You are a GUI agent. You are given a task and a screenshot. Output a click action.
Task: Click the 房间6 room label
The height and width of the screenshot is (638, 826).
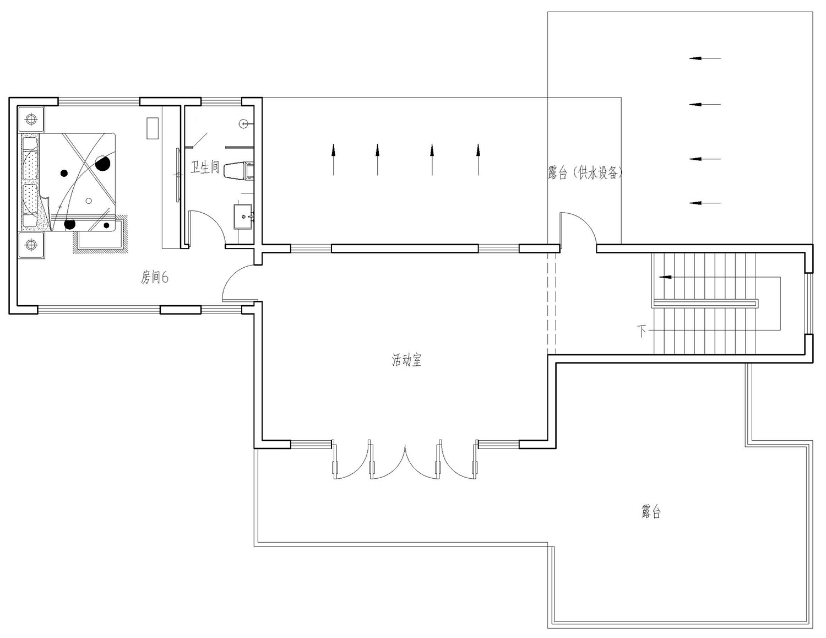tap(155, 278)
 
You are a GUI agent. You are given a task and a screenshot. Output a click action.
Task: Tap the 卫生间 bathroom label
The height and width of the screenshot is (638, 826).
tap(205, 167)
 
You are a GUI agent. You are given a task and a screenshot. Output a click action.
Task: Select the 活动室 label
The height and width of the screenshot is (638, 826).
tap(407, 360)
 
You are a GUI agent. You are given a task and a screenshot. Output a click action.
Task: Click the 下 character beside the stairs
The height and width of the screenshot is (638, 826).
tap(642, 331)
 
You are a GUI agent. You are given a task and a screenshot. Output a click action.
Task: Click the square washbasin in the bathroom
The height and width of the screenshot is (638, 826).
tap(243, 217)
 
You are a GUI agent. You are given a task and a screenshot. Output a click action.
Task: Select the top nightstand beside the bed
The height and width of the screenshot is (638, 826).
tap(31, 120)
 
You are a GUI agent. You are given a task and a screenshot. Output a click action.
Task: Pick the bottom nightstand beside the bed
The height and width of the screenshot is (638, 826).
tap(31, 245)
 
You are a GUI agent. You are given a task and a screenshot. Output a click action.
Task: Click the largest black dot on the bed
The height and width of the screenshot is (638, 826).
tap(102, 164)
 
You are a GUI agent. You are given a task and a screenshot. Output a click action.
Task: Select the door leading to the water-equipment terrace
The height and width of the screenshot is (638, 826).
tap(578, 228)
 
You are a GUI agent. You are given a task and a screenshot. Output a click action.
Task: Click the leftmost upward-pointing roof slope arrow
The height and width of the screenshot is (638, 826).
tap(333, 160)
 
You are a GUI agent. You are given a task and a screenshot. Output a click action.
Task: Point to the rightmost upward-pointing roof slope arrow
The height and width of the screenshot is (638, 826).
tap(478, 160)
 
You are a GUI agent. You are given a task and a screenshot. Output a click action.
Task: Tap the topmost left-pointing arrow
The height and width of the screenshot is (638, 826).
tap(705, 58)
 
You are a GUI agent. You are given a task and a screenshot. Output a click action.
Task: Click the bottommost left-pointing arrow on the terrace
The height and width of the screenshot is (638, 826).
tap(705, 203)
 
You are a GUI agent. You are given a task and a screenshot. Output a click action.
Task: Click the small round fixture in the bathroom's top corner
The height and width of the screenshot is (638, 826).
tap(244, 124)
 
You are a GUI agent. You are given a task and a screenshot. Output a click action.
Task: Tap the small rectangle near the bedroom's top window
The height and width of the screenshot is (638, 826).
tap(153, 128)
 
